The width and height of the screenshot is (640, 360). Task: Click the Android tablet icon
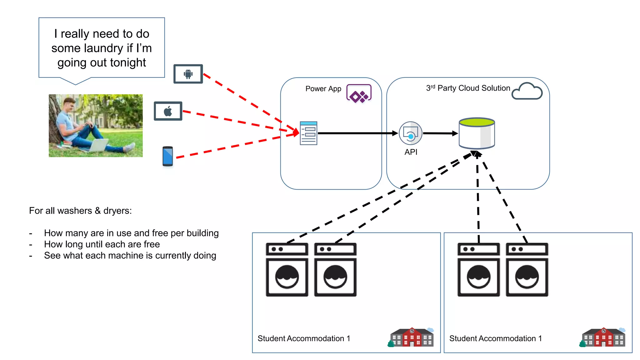[188, 74]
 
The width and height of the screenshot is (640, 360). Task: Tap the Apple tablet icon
[168, 111]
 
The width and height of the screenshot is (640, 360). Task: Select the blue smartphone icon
[168, 156]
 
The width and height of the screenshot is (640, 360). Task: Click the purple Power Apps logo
[359, 93]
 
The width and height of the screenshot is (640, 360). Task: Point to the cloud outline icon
[527, 91]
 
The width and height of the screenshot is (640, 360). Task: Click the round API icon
[410, 133]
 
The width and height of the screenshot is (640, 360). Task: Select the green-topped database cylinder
[477, 133]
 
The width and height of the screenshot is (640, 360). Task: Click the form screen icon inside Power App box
[308, 133]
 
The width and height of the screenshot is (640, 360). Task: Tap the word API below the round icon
[411, 152]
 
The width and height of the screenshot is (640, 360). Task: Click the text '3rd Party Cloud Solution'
[468, 88]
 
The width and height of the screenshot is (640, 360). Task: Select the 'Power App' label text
[323, 89]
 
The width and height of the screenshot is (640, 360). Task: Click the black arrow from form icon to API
[356, 133]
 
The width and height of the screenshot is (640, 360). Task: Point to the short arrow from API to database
[440, 133]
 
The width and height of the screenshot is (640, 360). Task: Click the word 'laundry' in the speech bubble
[103, 48]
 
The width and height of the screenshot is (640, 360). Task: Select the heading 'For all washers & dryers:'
[80, 211]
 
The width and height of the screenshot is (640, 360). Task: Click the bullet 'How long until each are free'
[102, 244]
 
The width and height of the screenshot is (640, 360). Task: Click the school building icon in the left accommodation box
[412, 337]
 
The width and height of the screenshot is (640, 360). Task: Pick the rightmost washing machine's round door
[527, 277]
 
